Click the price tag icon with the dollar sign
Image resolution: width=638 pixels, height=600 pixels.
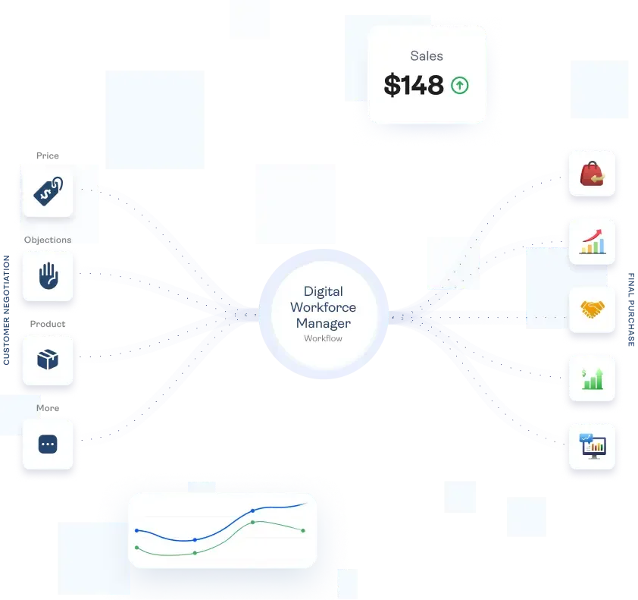pyautogui.click(x=48, y=192)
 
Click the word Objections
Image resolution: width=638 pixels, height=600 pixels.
pyautogui.click(x=48, y=240)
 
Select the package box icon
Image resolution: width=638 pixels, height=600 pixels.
pyautogui.click(x=48, y=360)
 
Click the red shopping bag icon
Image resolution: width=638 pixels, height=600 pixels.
pyautogui.click(x=592, y=174)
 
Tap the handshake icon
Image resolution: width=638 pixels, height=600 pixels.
pyautogui.click(x=592, y=309)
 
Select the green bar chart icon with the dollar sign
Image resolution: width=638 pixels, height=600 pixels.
pyautogui.click(x=592, y=377)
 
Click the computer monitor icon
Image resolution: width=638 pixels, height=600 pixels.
pyautogui.click(x=592, y=445)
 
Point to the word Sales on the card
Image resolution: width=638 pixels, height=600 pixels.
pyautogui.click(x=427, y=55)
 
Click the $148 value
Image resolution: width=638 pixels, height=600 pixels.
pyautogui.click(x=414, y=86)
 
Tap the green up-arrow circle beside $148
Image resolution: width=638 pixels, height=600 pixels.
pyautogui.click(x=460, y=86)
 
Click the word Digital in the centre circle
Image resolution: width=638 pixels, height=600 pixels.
pyautogui.click(x=323, y=291)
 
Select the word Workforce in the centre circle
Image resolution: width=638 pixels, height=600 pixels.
pyautogui.click(x=323, y=307)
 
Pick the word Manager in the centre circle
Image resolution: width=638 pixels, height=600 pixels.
pyautogui.click(x=323, y=323)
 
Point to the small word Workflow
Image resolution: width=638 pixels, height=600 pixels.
pyautogui.click(x=323, y=338)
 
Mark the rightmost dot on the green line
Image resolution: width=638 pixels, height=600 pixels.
pyautogui.click(x=303, y=530)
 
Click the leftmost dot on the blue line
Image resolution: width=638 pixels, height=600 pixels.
pyautogui.click(x=136, y=530)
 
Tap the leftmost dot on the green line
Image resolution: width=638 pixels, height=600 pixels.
pyautogui.click(x=136, y=547)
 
